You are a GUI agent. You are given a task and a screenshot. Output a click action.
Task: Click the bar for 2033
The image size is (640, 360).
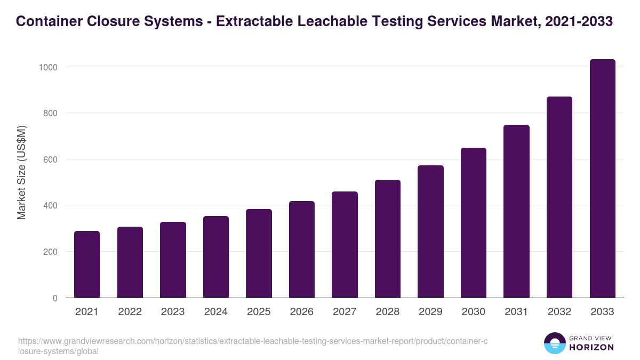(602, 179)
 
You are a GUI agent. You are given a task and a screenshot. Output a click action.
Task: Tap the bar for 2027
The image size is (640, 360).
(345, 244)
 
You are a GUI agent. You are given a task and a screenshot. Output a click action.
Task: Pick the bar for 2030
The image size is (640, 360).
(474, 222)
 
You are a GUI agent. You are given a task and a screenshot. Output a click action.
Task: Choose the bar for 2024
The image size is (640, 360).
(216, 257)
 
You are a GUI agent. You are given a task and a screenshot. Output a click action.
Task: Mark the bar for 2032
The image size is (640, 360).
(559, 197)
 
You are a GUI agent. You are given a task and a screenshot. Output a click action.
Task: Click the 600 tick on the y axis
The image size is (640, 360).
(50, 159)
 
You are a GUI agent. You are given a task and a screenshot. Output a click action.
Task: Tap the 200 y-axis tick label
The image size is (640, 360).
(50, 252)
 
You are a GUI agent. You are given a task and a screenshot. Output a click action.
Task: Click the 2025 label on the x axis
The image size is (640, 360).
(259, 312)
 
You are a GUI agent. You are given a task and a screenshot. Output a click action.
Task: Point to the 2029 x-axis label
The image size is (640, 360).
(430, 312)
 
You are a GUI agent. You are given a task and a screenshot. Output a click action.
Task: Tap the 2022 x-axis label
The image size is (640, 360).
(130, 312)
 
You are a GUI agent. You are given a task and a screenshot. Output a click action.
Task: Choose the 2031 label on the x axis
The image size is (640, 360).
(516, 312)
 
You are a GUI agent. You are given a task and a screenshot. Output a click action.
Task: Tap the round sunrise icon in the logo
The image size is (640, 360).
(554, 343)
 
